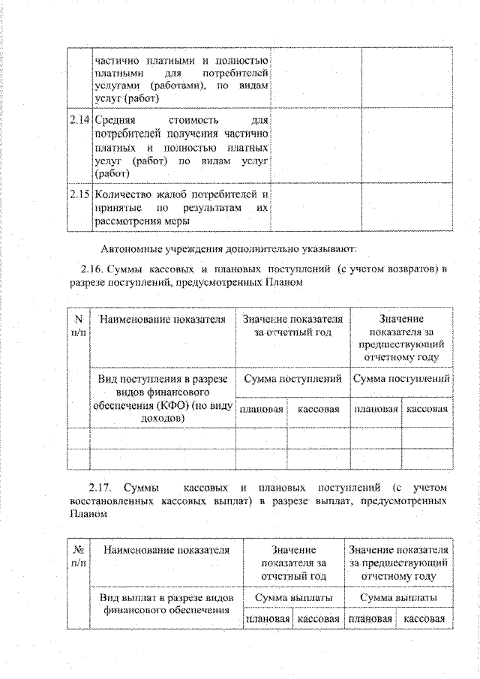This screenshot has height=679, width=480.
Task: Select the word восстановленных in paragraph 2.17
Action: point(112,500)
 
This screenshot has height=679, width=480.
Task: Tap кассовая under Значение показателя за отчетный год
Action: point(319,620)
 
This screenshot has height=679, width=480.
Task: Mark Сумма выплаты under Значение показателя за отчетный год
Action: point(294,597)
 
